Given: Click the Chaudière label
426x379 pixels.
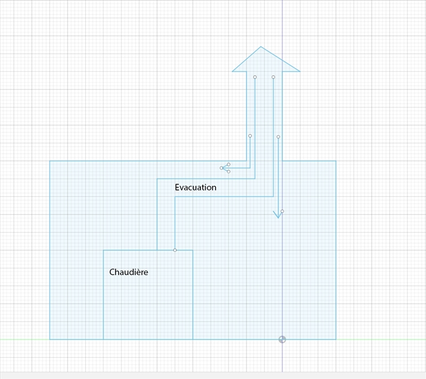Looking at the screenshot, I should click(128, 272).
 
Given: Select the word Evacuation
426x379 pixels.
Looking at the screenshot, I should click(195, 187).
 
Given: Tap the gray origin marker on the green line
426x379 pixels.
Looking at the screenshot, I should click(282, 339).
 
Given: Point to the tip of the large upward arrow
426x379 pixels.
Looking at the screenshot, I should click(261, 47).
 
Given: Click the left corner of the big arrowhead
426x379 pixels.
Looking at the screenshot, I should click(233, 71).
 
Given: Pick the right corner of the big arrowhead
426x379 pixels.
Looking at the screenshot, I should click(300, 71).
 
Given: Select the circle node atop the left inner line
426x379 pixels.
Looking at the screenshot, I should click(255, 77).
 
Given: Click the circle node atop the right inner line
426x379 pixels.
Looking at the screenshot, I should click(273, 77).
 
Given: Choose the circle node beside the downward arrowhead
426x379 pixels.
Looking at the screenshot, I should click(282, 211).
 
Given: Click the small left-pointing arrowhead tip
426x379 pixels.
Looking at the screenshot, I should click(221, 168).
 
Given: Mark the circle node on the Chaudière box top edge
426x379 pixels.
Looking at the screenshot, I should click(175, 250).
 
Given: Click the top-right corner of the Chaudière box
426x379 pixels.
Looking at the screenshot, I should click(193, 250).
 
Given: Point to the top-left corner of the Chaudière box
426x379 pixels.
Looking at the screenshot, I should click(103, 250).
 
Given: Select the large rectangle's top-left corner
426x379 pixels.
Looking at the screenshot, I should click(50, 161).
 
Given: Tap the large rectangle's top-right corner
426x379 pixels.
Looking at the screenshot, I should click(336, 161).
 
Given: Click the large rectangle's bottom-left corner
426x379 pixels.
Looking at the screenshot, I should click(50, 339).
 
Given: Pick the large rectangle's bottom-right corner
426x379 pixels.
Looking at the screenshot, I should click(336, 339).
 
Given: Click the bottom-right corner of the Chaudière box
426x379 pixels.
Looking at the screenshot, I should click(193, 339).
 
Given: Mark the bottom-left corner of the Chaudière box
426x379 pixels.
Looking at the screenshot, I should click(103, 339).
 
